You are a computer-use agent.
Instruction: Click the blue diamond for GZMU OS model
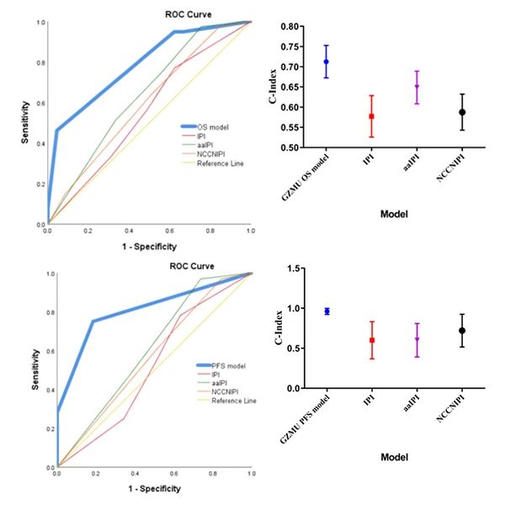327,61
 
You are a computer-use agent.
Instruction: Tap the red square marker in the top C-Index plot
371,116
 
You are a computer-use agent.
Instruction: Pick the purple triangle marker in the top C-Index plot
417,87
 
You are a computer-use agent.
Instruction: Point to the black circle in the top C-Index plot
462,112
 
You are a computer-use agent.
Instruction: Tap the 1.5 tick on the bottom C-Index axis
295,268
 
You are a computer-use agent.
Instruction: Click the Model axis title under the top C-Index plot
394,215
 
